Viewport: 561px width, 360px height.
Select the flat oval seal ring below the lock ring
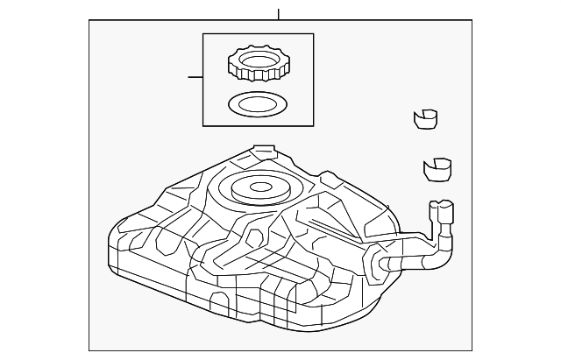click(258, 104)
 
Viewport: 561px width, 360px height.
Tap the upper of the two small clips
click(425, 119)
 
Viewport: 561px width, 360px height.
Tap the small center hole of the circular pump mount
click(261, 186)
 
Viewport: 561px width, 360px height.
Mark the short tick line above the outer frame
click(278, 14)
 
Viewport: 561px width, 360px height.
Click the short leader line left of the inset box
click(195, 77)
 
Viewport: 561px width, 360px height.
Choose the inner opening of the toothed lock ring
click(259, 61)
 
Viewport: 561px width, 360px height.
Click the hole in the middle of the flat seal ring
click(258, 104)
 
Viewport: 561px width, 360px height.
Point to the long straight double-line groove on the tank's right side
click(332, 229)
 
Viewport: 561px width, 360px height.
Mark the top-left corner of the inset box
click(203, 34)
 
